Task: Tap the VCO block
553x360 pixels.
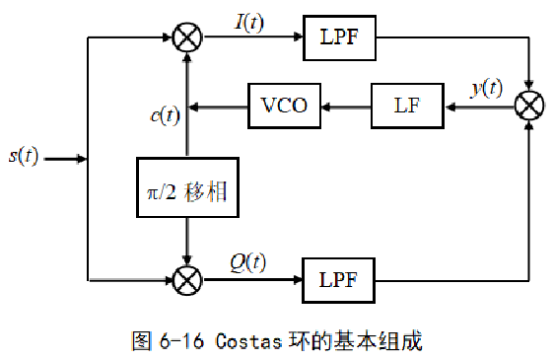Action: [x=284, y=106]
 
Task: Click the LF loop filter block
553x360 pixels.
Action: [x=408, y=106]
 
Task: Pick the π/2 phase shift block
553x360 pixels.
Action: [x=185, y=191]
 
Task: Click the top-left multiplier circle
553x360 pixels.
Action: [x=186, y=39]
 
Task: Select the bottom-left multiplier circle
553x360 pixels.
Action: [x=186, y=281]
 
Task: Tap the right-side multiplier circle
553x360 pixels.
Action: [x=531, y=106]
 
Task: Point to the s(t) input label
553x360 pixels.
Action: [x=22, y=157]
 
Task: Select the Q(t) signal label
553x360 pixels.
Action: [x=247, y=261]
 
